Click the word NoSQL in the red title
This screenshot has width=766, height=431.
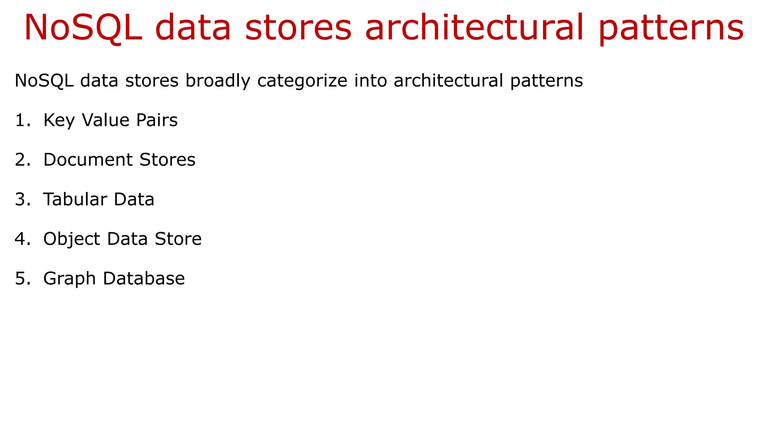(83, 28)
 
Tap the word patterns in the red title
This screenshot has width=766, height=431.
(671, 28)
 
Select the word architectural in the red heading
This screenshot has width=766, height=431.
(474, 28)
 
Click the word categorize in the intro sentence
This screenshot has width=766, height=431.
(302, 81)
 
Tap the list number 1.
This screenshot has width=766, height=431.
(22, 120)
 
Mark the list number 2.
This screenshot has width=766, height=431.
(22, 160)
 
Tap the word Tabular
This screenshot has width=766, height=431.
(75, 199)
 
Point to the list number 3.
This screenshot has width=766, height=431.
(22, 199)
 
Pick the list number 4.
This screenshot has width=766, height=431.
(22, 239)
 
